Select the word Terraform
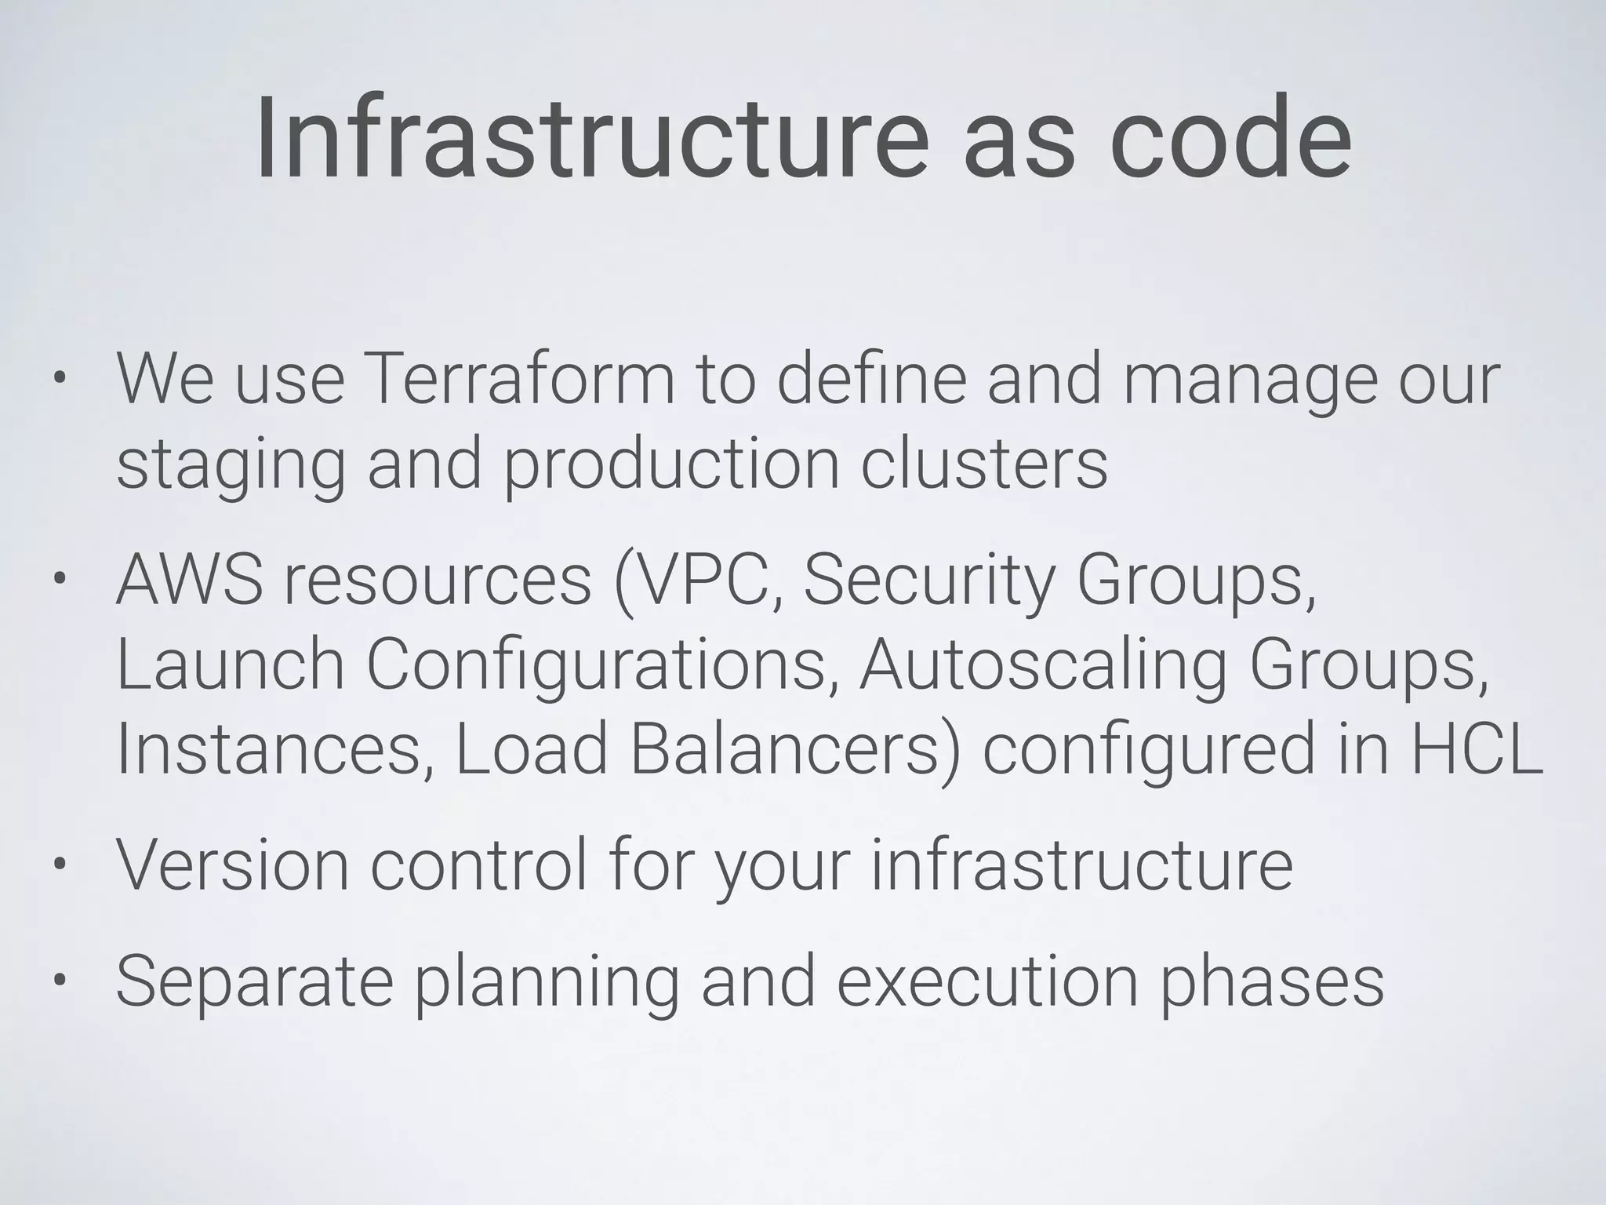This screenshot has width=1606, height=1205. coord(518,380)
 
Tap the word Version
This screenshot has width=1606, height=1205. coord(232,865)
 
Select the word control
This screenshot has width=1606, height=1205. coord(478,865)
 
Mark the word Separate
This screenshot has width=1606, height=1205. coord(254,982)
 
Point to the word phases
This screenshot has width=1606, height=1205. coord(1271,982)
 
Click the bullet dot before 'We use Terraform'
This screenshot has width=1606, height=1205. coord(60,381)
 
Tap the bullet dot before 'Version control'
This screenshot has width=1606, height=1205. coord(60,866)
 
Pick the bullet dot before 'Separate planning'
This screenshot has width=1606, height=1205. coord(60,982)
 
